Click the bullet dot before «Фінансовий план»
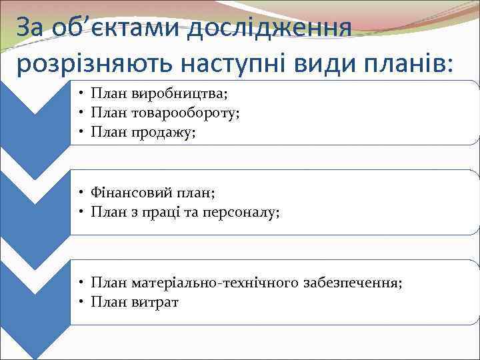[x=79, y=193]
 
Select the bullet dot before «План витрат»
[x=79, y=302]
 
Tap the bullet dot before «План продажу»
[x=79, y=133]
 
